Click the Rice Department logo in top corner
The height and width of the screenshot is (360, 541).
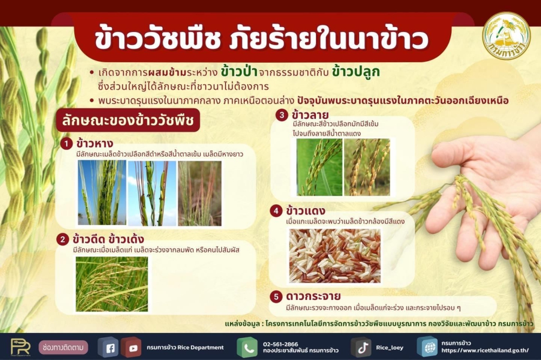click(x=506, y=36)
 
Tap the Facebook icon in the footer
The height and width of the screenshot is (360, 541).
click(x=108, y=347)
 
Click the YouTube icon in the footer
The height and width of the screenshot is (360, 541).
click(x=131, y=347)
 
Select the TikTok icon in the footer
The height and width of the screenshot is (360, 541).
click(x=361, y=347)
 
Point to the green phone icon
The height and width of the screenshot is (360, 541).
click(x=247, y=347)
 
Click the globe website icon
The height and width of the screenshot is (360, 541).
click(x=427, y=347)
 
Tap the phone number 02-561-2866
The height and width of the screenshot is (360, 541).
click(x=280, y=344)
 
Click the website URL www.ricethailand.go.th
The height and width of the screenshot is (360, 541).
click(x=485, y=350)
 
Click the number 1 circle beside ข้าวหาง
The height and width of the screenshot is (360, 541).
click(x=67, y=144)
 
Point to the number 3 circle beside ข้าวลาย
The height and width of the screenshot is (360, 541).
click(x=281, y=115)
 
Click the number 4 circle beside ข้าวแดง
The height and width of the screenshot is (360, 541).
click(x=276, y=210)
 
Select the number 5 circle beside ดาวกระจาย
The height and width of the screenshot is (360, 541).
click(x=276, y=296)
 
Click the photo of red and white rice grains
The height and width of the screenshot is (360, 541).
click(x=334, y=256)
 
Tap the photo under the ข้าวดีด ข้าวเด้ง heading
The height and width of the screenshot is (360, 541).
click(x=111, y=284)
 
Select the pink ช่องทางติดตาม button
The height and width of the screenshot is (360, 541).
click(x=63, y=347)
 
